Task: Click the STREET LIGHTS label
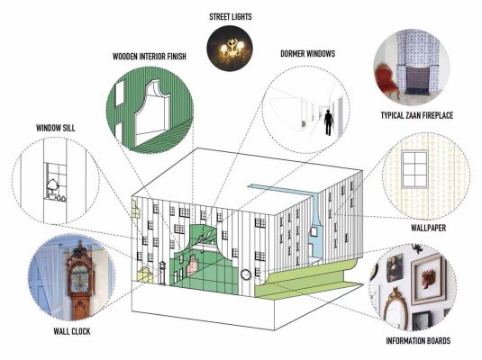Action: [231, 16]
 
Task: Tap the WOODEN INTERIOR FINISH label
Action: [150, 57]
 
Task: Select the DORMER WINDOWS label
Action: [308, 54]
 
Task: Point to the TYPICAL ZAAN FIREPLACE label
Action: [417, 115]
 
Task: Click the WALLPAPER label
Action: [428, 228]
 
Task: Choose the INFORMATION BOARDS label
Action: [418, 340]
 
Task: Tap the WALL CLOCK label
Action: [72, 331]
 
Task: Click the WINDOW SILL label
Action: [56, 128]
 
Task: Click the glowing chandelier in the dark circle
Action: [232, 49]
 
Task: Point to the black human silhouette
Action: [329, 122]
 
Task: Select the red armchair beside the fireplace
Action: [387, 79]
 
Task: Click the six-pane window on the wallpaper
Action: [414, 168]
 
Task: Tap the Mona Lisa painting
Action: [395, 268]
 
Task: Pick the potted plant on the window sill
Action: [52, 187]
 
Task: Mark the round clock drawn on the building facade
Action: [246, 274]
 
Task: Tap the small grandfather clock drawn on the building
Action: [162, 273]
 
